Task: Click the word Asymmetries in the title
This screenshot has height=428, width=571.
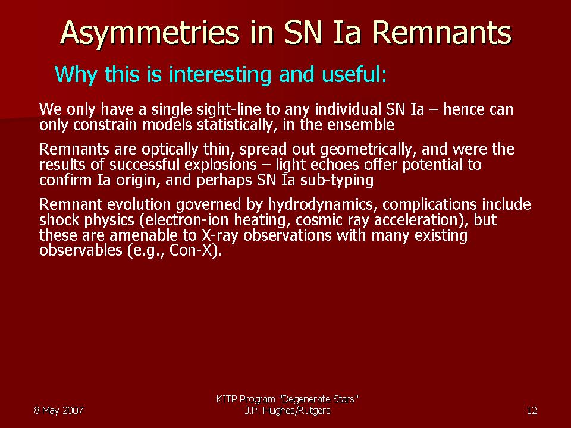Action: click(x=149, y=33)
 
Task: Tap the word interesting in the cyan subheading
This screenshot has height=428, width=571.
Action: click(x=220, y=75)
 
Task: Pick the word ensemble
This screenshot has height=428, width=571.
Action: click(x=360, y=125)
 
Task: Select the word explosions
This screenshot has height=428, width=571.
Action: click(x=220, y=165)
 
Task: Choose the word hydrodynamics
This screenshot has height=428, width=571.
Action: click(x=321, y=205)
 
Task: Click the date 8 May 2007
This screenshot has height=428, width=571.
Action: click(x=59, y=411)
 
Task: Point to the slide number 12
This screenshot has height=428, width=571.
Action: click(x=532, y=411)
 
